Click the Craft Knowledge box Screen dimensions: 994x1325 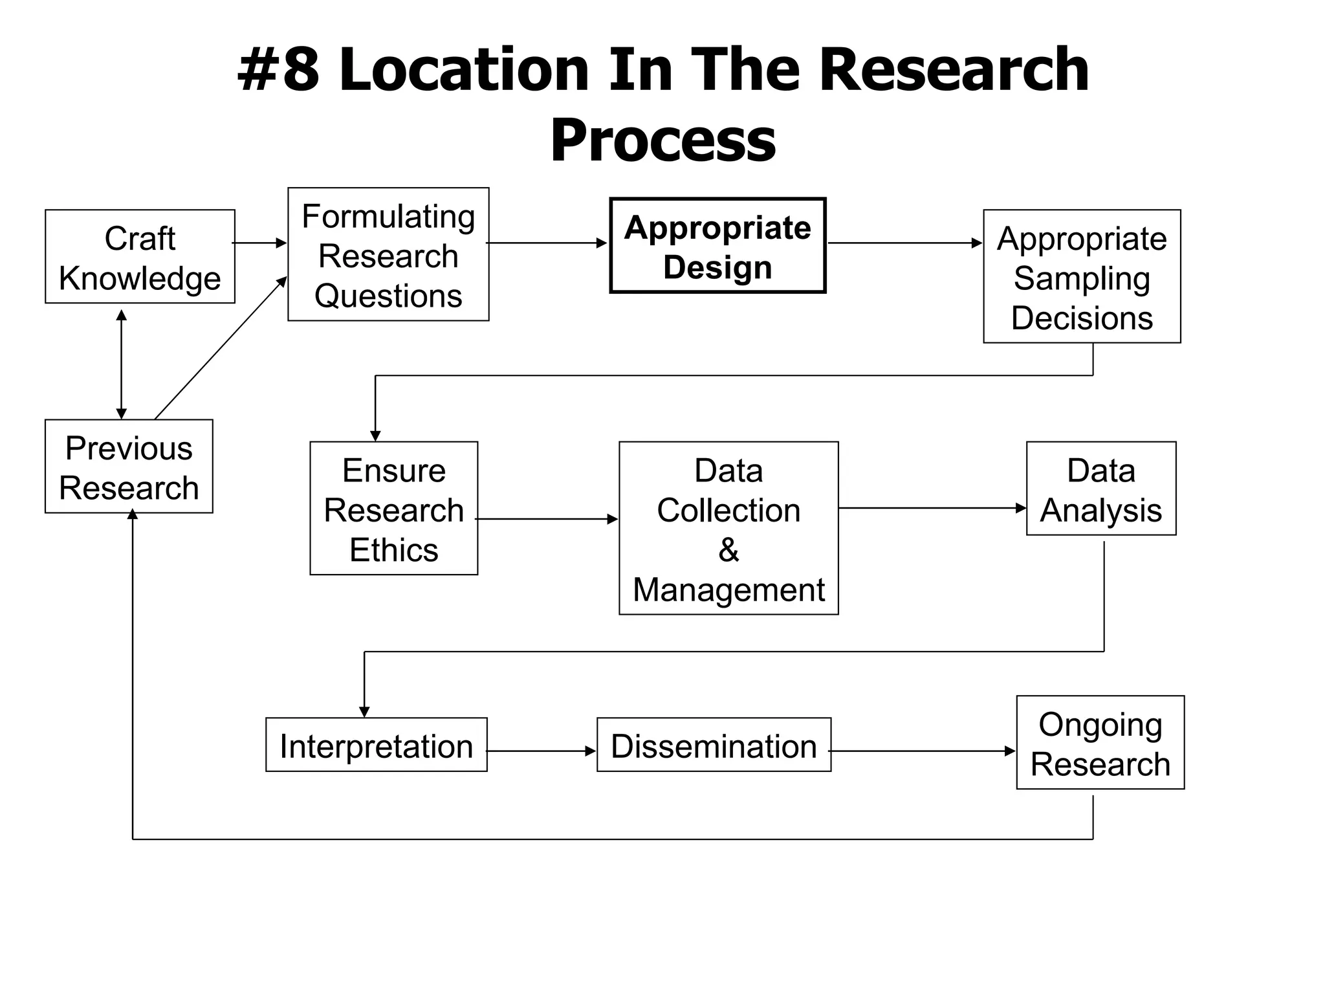140,256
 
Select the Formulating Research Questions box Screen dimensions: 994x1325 388,254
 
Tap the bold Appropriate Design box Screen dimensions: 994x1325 717,246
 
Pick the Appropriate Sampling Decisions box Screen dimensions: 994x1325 1082,276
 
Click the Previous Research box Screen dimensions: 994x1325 129,467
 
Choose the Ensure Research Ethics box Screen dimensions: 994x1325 393,509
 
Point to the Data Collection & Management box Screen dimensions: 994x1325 728,528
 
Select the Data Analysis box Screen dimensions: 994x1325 1101,489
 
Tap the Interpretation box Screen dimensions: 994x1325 376,745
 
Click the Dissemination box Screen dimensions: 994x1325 714,745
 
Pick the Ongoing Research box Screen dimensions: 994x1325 1100,743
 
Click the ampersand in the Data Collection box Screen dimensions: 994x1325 728,550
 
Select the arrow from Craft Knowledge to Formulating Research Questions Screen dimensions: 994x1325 259,243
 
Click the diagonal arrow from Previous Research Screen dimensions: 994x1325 220,348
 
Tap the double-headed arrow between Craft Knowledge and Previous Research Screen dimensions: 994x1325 121,364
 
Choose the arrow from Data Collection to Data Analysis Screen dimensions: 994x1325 932,508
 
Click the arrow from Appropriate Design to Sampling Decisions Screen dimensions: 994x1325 904,243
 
